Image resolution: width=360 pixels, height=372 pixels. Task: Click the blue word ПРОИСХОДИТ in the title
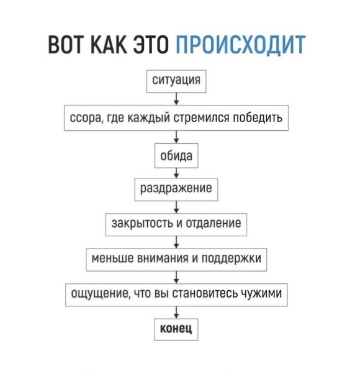point(241,44)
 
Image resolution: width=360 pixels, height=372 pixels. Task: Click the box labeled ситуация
point(176,81)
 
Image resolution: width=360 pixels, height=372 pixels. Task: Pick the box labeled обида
point(176,156)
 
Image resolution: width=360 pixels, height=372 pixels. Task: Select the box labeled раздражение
point(176,190)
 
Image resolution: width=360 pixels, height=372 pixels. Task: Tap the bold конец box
point(176,330)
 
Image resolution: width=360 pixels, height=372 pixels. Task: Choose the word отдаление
point(214,223)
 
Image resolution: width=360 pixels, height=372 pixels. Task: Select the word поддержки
point(232,259)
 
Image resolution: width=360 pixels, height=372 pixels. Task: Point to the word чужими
point(261,294)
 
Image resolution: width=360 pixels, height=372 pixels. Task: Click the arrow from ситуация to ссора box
point(176,99)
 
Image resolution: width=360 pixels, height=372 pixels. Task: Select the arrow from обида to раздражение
point(176,173)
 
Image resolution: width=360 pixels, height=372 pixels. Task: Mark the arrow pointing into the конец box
point(176,312)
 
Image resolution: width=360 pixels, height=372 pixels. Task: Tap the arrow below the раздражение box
point(176,207)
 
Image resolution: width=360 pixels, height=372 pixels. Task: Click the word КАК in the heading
point(109,44)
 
